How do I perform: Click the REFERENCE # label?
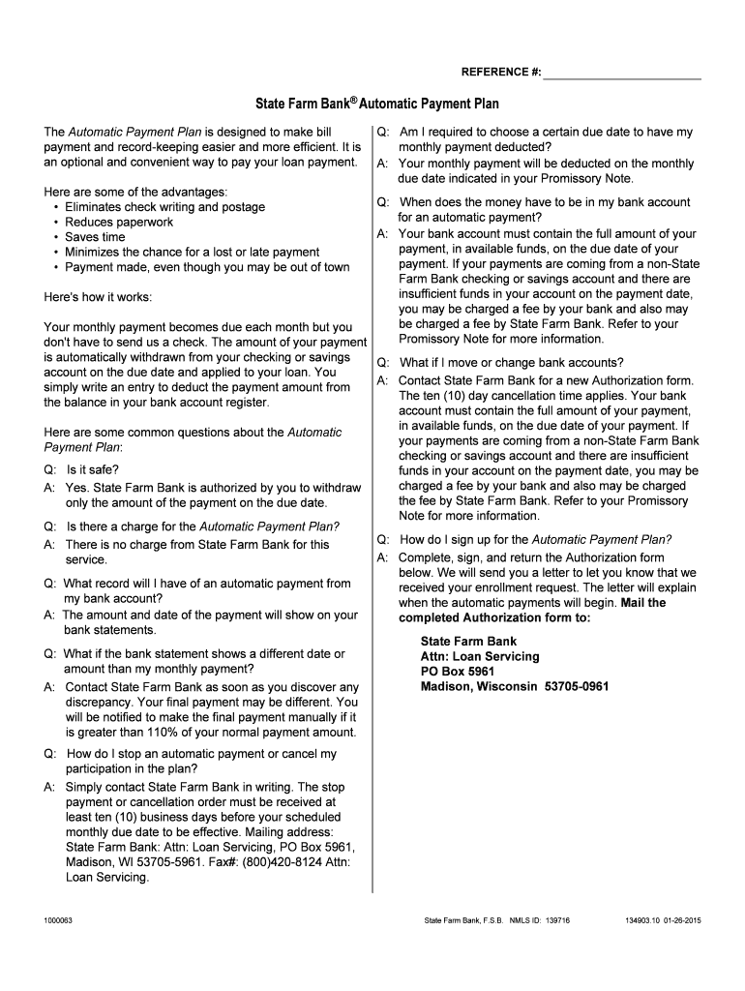pos(500,73)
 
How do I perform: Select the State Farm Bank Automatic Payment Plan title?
pos(376,103)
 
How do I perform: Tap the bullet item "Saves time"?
pos(95,237)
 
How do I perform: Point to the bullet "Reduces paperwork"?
pos(119,222)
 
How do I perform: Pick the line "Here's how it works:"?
pos(98,296)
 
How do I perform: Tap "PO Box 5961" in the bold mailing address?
pos(457,672)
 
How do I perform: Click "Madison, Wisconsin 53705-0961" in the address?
pos(514,687)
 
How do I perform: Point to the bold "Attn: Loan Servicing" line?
pos(480,656)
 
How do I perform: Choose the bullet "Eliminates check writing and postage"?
pos(164,207)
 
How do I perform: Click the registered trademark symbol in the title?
pos(354,98)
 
